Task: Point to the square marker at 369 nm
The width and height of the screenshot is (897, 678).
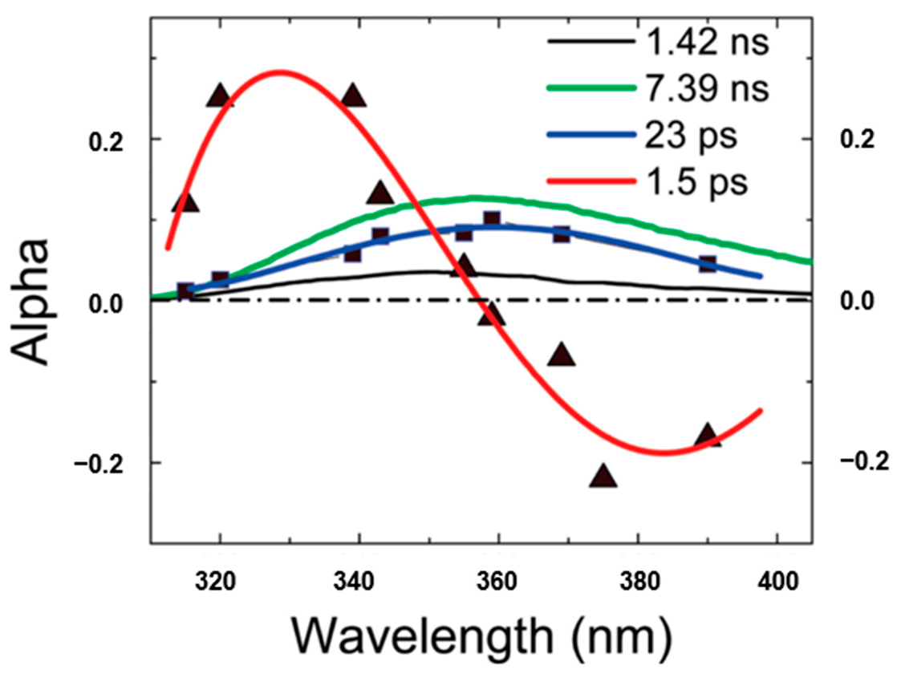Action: [562, 234]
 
